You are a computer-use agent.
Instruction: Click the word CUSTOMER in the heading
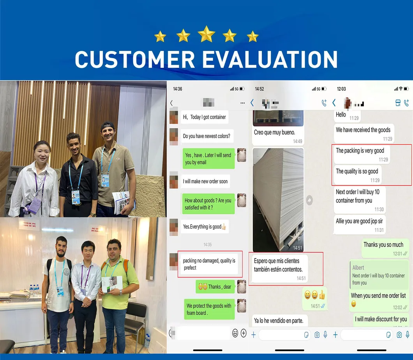[x=134, y=60]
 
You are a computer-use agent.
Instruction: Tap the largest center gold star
[x=206, y=34]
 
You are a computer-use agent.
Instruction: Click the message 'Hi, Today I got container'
[x=204, y=117]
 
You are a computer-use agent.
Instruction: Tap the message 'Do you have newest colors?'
[x=206, y=136]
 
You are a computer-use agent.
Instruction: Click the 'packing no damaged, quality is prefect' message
[x=209, y=264]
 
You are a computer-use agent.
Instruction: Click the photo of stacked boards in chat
[x=278, y=199]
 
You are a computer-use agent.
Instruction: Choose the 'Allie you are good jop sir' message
[x=360, y=224]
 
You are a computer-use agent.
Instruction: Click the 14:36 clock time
[x=177, y=89]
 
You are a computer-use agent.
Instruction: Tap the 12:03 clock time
[x=341, y=89]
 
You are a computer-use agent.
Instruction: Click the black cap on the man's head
[x=108, y=126]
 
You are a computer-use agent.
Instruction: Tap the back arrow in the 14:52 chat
[x=252, y=103]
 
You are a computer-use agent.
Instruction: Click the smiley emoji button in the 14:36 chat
[x=235, y=333]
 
